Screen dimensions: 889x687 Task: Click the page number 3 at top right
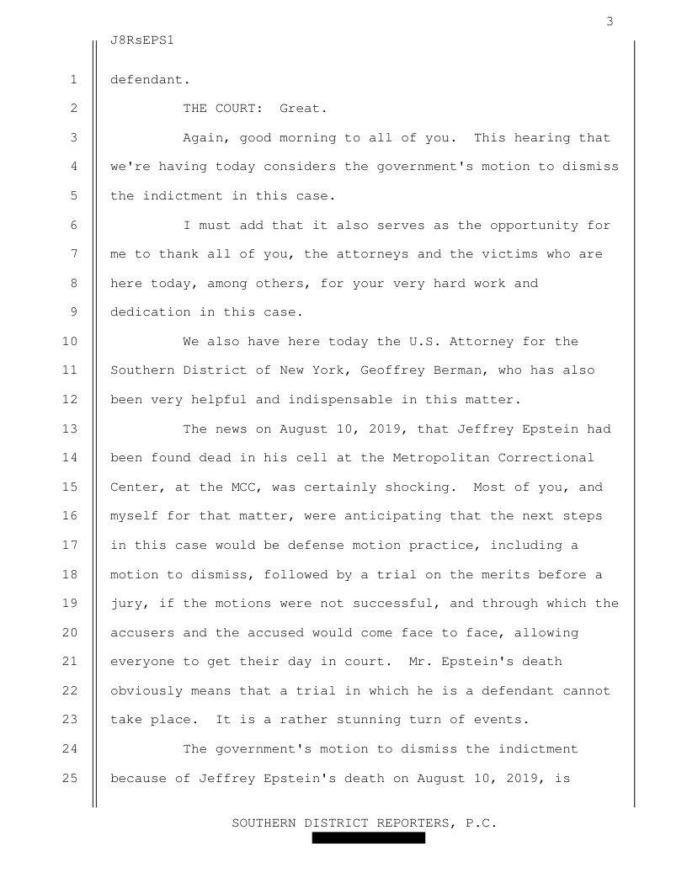pyautogui.click(x=610, y=22)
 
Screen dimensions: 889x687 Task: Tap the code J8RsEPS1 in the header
pyautogui.click(x=147, y=40)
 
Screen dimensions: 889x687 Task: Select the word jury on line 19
pyautogui.click(x=127, y=604)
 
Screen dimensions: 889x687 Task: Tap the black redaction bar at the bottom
pyautogui.click(x=368, y=838)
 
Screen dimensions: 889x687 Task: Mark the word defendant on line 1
pyautogui.click(x=147, y=81)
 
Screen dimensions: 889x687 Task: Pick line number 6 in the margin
pyautogui.click(x=74, y=225)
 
